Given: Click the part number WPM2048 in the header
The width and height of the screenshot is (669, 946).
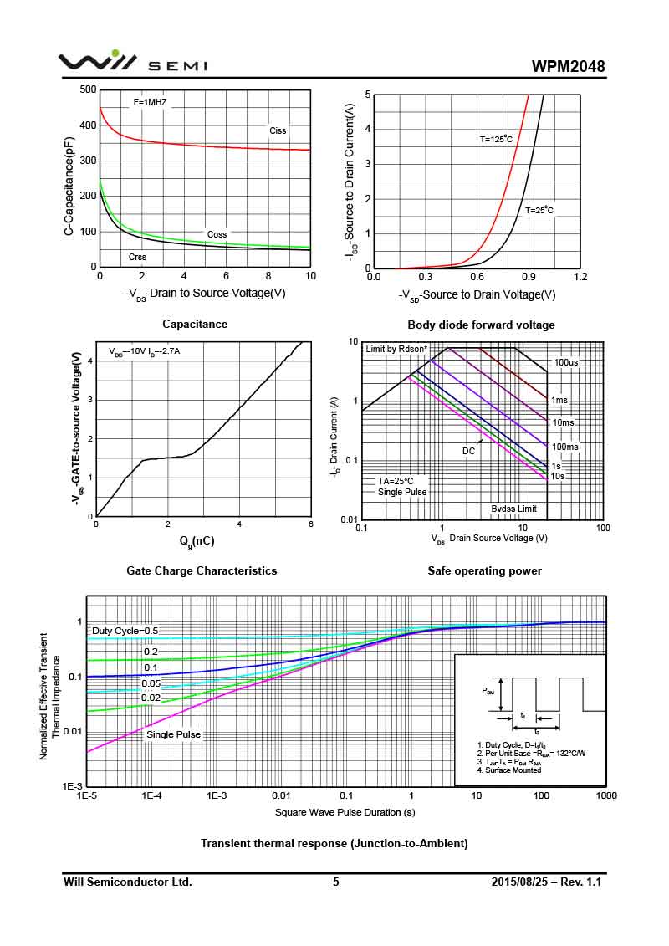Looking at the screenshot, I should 568,66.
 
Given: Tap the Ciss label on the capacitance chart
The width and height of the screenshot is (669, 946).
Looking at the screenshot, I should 278,130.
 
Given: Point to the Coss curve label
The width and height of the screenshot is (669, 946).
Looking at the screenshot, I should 217,234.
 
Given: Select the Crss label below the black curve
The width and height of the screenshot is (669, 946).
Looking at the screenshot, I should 137,257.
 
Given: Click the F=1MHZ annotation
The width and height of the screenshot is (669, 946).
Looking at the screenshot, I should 150,102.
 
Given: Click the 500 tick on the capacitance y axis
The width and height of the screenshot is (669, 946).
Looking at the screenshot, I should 87,89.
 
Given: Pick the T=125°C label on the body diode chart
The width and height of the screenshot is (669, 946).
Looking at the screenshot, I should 495,140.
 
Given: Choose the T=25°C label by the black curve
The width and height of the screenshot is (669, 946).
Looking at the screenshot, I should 539,211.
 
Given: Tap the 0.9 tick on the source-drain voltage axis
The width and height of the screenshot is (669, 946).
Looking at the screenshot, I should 529,277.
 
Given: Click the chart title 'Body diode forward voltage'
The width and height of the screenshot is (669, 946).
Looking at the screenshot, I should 481,325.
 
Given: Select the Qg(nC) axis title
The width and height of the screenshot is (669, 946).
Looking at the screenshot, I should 197,541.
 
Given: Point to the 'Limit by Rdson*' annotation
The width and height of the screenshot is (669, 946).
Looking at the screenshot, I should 396,348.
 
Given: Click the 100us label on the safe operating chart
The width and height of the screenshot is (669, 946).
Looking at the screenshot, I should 566,362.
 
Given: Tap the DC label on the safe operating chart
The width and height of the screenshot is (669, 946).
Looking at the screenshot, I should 468,451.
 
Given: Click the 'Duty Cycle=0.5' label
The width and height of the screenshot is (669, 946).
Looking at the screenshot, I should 125,631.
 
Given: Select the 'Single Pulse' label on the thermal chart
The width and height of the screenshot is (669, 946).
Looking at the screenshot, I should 173,734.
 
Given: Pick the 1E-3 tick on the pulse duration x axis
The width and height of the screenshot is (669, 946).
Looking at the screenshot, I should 217,795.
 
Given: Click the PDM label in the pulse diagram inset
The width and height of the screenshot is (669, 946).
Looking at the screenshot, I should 488,691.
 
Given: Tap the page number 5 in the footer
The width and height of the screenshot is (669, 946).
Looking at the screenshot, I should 336,882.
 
